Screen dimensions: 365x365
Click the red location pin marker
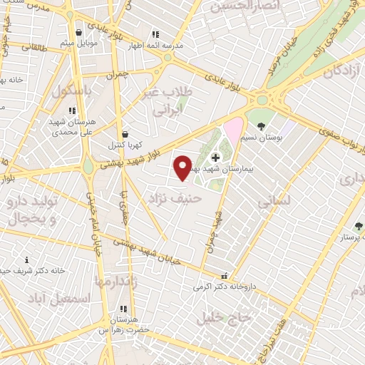click(183, 167)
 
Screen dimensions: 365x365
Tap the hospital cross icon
click(216, 156)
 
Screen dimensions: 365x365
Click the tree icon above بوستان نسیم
click(262, 125)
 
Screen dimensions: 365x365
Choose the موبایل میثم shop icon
click(78, 32)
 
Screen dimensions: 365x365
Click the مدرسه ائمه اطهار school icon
click(155, 34)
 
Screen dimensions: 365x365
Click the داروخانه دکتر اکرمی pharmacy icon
click(225, 276)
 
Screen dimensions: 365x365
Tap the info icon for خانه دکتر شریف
click(27, 260)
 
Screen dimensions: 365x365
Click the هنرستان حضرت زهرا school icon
click(123, 309)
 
